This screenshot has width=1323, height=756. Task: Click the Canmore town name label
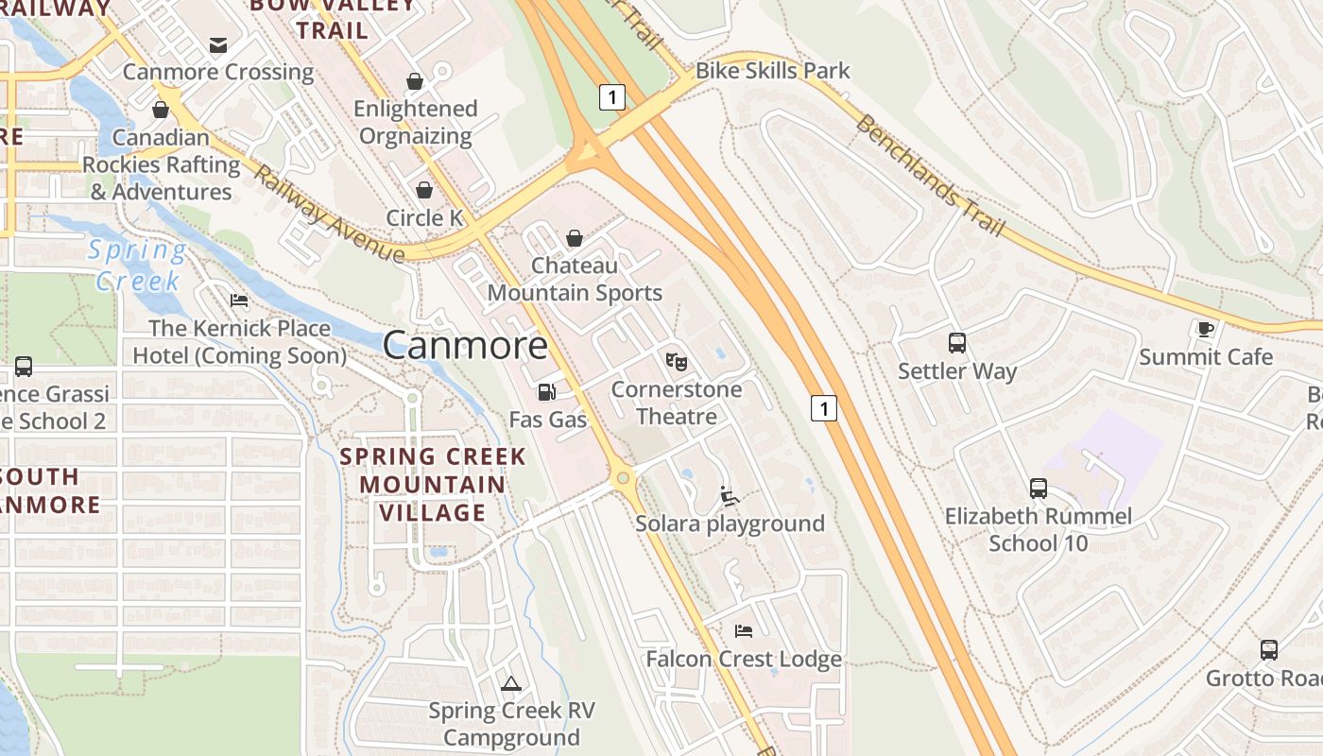(465, 345)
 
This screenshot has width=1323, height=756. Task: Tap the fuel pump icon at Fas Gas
(545, 391)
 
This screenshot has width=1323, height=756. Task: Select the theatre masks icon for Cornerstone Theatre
(677, 361)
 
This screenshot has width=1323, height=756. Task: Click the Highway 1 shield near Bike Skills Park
(612, 96)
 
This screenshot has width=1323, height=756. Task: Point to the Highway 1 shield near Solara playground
(824, 408)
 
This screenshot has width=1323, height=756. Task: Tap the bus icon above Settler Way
(956, 343)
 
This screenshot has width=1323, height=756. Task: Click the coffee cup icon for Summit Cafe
(1205, 329)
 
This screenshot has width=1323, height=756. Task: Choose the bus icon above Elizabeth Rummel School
(1038, 489)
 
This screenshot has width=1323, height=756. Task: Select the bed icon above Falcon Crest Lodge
(744, 630)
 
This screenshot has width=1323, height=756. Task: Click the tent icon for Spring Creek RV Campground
(511, 683)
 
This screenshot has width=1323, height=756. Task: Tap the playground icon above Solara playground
(729, 495)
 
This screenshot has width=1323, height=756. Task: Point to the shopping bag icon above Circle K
(424, 190)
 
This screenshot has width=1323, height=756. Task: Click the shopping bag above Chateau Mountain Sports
(574, 238)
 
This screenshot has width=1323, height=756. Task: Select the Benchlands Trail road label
(929, 177)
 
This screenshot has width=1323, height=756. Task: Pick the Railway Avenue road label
(328, 215)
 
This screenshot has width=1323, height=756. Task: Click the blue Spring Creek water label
(138, 266)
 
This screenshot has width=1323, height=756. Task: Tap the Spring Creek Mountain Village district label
(432, 485)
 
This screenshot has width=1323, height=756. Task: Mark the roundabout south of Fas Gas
(622, 478)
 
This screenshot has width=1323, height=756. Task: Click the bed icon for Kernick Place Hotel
(239, 301)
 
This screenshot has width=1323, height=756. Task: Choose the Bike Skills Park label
(772, 71)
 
